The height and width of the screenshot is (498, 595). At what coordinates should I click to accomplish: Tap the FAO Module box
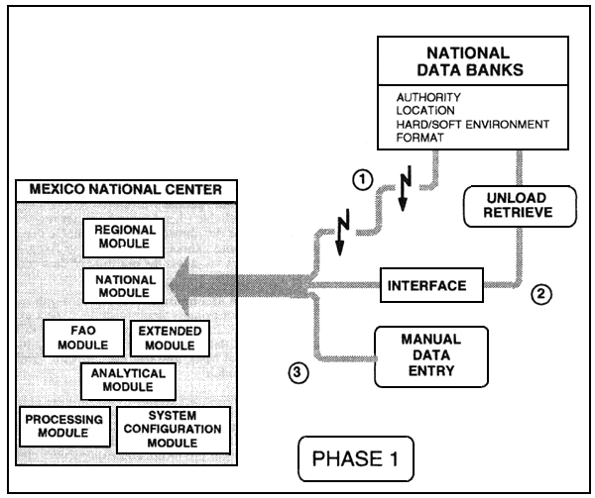tap(84, 337)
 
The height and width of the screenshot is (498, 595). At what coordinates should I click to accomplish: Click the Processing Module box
tap(61, 426)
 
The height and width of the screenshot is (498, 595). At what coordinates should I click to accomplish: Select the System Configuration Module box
tap(174, 428)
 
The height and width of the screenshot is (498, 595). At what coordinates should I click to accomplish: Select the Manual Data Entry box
tap(417, 355)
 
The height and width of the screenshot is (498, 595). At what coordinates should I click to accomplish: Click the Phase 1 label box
tap(355, 459)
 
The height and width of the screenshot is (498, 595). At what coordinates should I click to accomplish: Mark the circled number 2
tap(537, 293)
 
